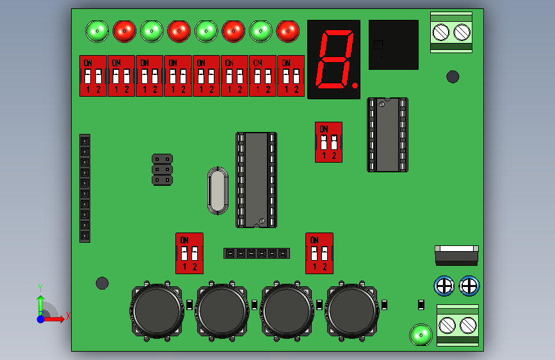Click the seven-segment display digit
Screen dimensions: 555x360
[334, 59]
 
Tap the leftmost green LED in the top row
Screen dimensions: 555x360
[97, 30]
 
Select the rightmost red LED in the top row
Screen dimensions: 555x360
[287, 30]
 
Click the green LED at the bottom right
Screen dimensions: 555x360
[421, 334]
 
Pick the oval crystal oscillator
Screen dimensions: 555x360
[218, 191]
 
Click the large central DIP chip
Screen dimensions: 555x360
[256, 180]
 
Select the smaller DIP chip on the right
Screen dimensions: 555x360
[387, 135]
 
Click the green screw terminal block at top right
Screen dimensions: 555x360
[451, 31]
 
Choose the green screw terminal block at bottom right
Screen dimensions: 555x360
[458, 325]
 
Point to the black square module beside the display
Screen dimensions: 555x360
[393, 44]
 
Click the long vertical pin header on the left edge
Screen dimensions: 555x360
[84, 188]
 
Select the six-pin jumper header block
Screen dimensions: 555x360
[162, 169]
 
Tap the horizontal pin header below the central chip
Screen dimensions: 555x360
[256, 253]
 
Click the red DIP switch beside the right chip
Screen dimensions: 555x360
[328, 142]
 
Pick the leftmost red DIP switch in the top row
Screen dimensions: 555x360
[93, 76]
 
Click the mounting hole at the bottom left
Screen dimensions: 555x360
[102, 282]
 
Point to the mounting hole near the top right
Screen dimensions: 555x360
[453, 77]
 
